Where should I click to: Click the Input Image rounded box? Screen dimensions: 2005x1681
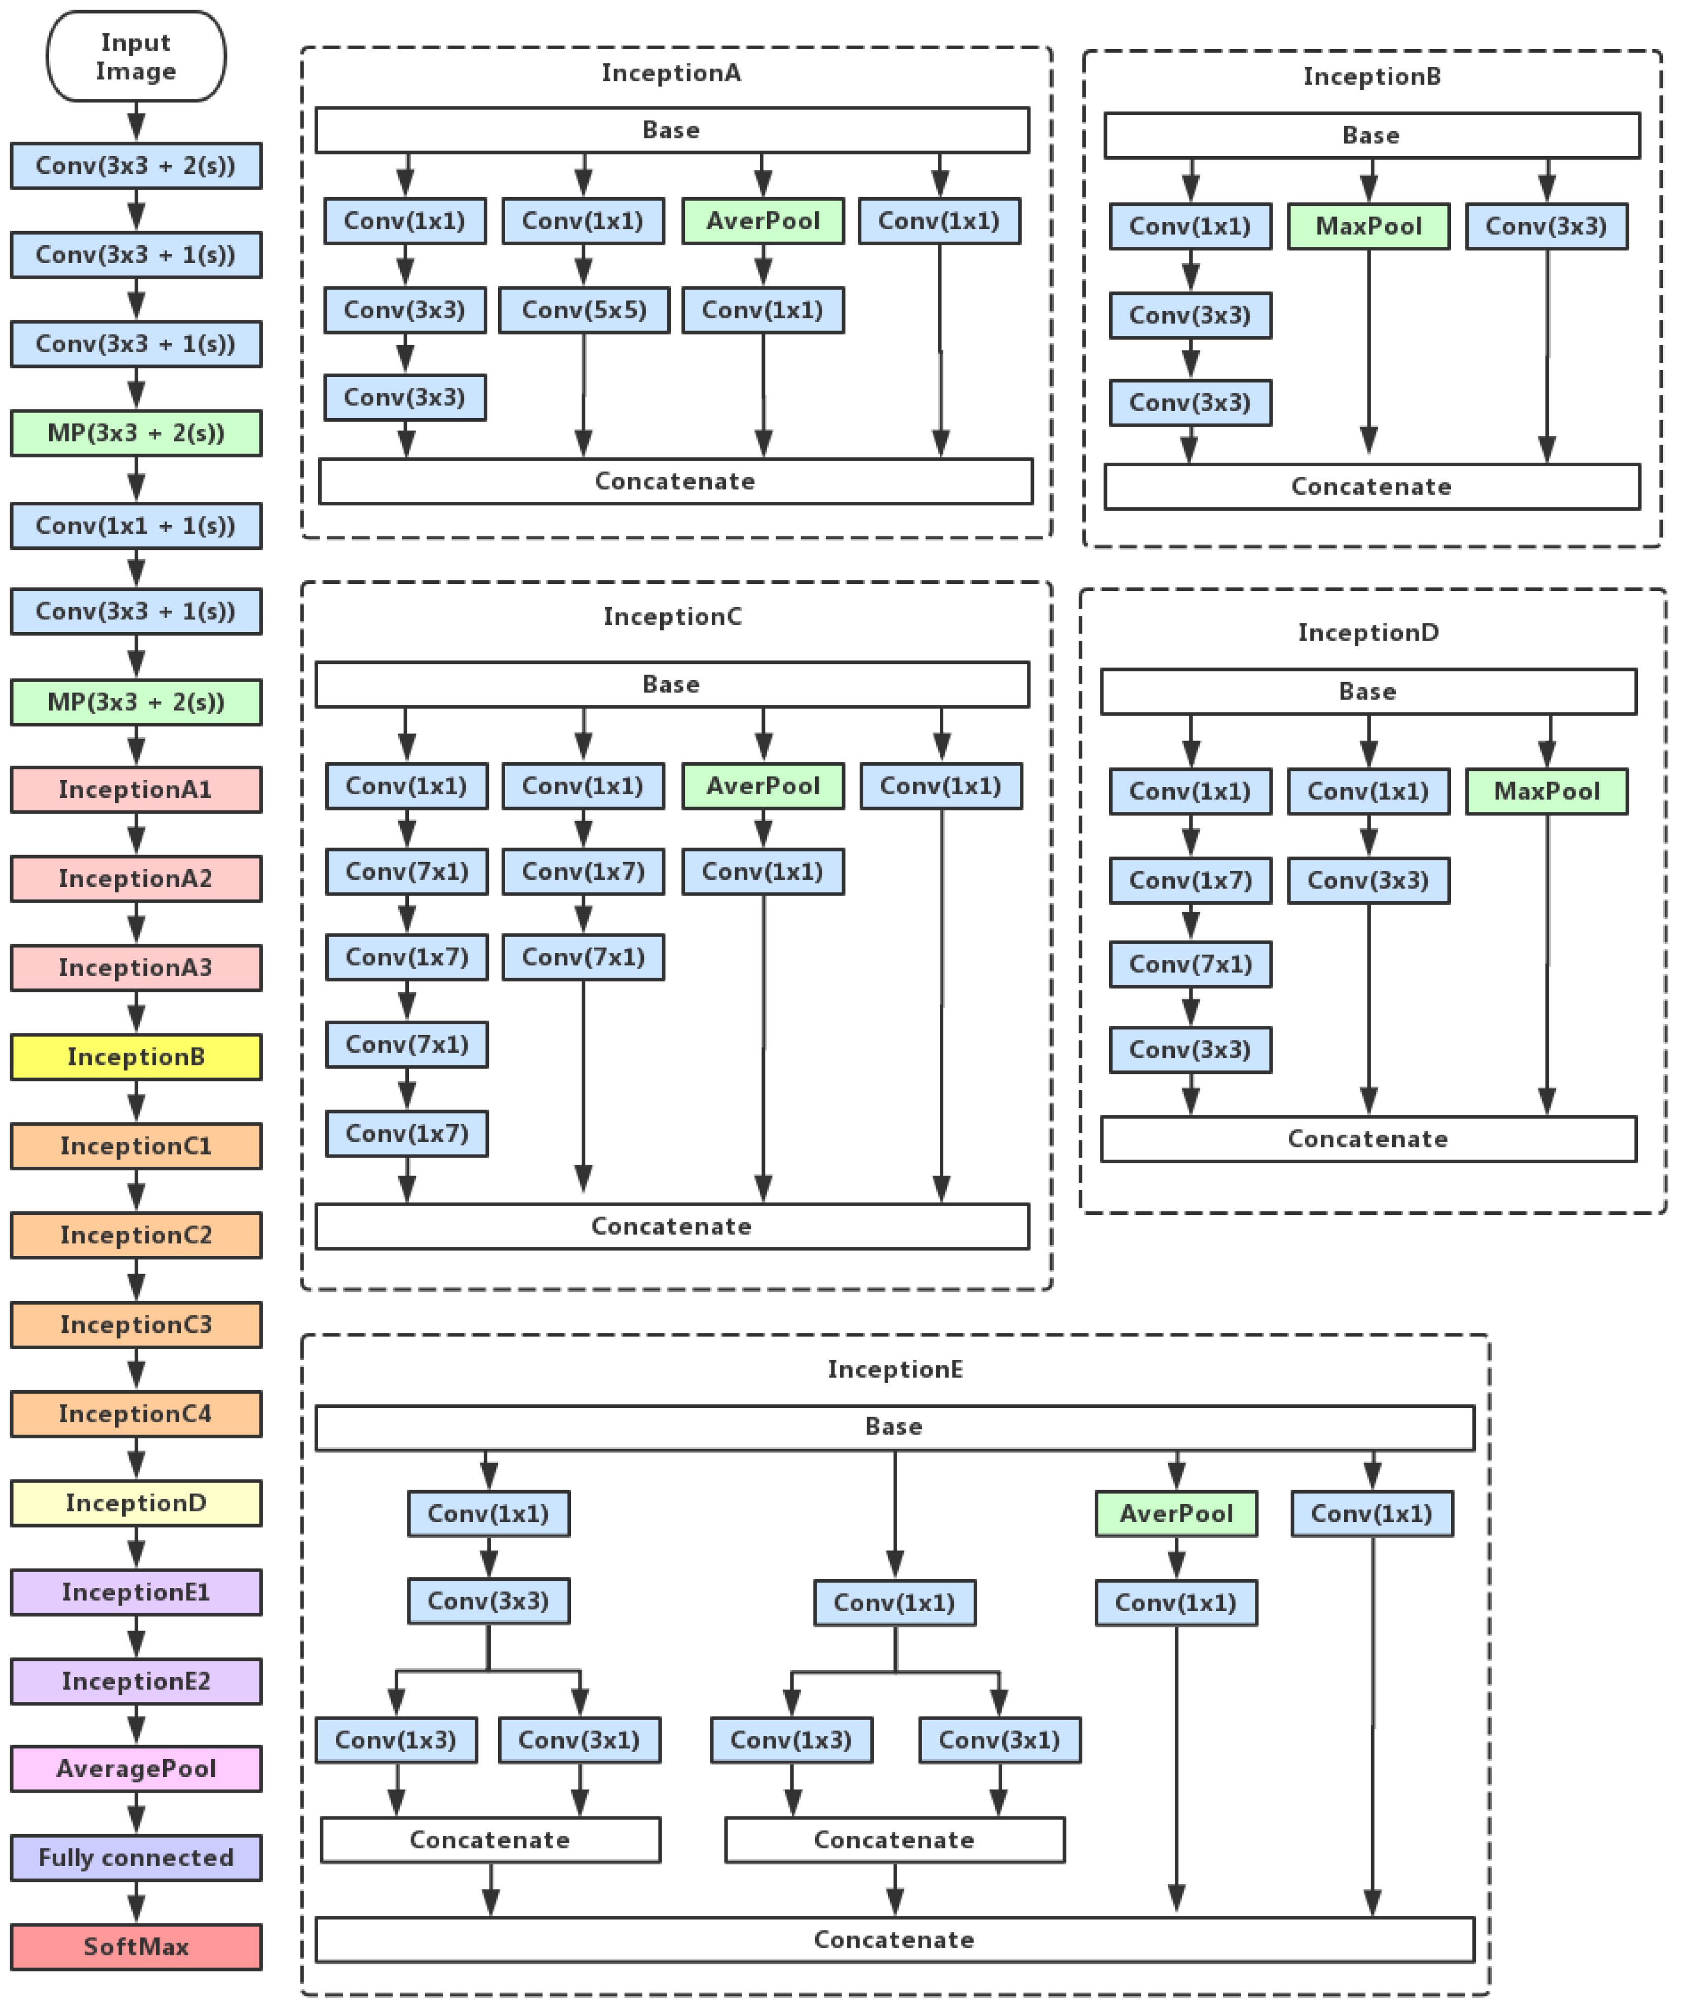tap(136, 56)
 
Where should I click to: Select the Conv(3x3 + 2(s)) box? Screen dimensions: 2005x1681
tap(136, 166)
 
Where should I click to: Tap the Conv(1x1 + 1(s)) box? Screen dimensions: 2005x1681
tap(136, 526)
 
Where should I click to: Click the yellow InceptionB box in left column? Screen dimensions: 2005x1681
tap(136, 1057)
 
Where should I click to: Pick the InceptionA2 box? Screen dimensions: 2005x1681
tap(136, 878)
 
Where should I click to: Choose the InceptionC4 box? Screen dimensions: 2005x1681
tap(136, 1414)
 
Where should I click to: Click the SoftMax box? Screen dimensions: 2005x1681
tap(136, 1947)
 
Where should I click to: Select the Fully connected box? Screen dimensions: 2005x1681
tap(136, 1858)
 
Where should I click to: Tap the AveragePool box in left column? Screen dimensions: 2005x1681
tap(136, 1769)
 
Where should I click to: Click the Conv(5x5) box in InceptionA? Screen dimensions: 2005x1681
tap(583, 310)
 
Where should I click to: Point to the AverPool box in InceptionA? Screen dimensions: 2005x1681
tap(762, 221)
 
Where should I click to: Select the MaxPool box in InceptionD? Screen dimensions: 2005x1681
tap(1546, 792)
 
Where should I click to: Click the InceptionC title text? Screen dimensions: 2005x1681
tap(672, 617)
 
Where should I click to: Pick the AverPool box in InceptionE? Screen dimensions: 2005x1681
tap(1176, 1514)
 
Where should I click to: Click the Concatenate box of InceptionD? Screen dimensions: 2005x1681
tap(1368, 1139)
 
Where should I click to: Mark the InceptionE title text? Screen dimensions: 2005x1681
tap(894, 1369)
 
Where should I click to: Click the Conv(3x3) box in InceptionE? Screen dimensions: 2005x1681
tap(489, 1601)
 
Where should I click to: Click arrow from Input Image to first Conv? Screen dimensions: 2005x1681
tap(136, 122)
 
